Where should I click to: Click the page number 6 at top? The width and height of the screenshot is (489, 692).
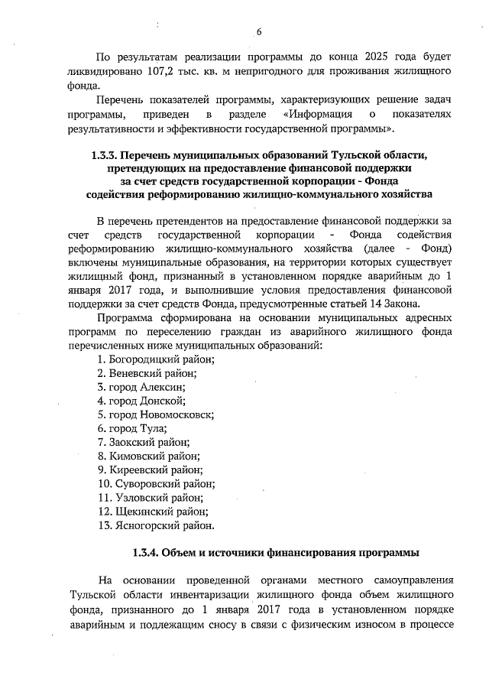pos(257,32)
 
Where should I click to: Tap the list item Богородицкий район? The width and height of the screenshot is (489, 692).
pos(156,359)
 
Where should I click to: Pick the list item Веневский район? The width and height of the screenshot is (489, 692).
pos(147,373)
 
